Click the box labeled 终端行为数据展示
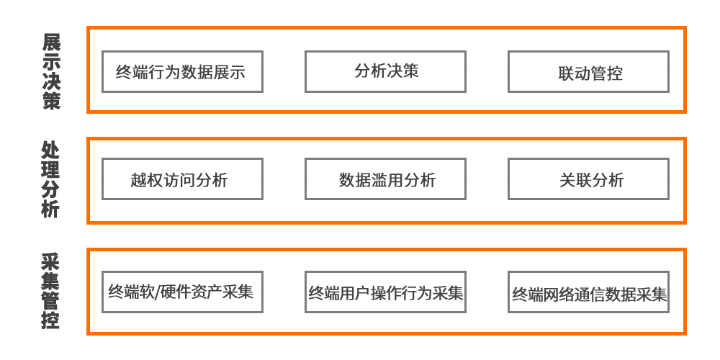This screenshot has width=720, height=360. (182, 71)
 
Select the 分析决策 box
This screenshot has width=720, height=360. (385, 71)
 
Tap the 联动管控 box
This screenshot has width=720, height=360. (588, 71)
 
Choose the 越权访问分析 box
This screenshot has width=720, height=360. (182, 179)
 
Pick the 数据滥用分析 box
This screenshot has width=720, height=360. (385, 179)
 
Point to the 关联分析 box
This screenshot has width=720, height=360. (588, 179)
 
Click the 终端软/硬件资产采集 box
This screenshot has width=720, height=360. (182, 292)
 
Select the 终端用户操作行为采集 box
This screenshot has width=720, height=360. (385, 292)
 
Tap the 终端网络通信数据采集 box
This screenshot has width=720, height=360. (588, 292)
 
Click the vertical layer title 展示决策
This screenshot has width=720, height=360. (51, 71)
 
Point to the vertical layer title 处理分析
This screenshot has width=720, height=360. (50, 180)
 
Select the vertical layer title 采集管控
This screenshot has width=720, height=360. (50, 291)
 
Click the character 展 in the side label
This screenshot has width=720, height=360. (51, 42)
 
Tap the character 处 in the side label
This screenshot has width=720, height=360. (50, 150)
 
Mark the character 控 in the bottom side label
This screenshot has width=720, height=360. (50, 320)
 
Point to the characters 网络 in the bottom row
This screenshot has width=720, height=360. (559, 294)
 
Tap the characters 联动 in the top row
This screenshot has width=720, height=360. (575, 73)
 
